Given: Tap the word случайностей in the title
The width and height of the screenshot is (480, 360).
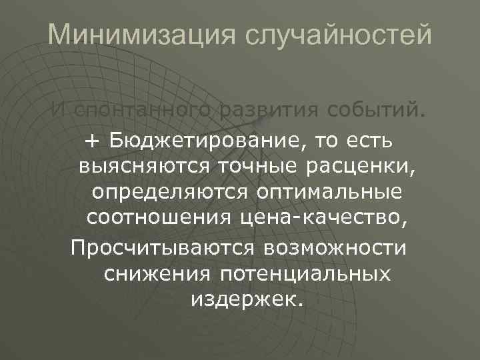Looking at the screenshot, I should pyautogui.click(x=339, y=35).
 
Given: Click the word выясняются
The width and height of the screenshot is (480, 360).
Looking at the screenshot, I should pyautogui.click(x=139, y=166).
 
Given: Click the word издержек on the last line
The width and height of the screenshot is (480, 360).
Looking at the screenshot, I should pyautogui.click(x=247, y=299).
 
